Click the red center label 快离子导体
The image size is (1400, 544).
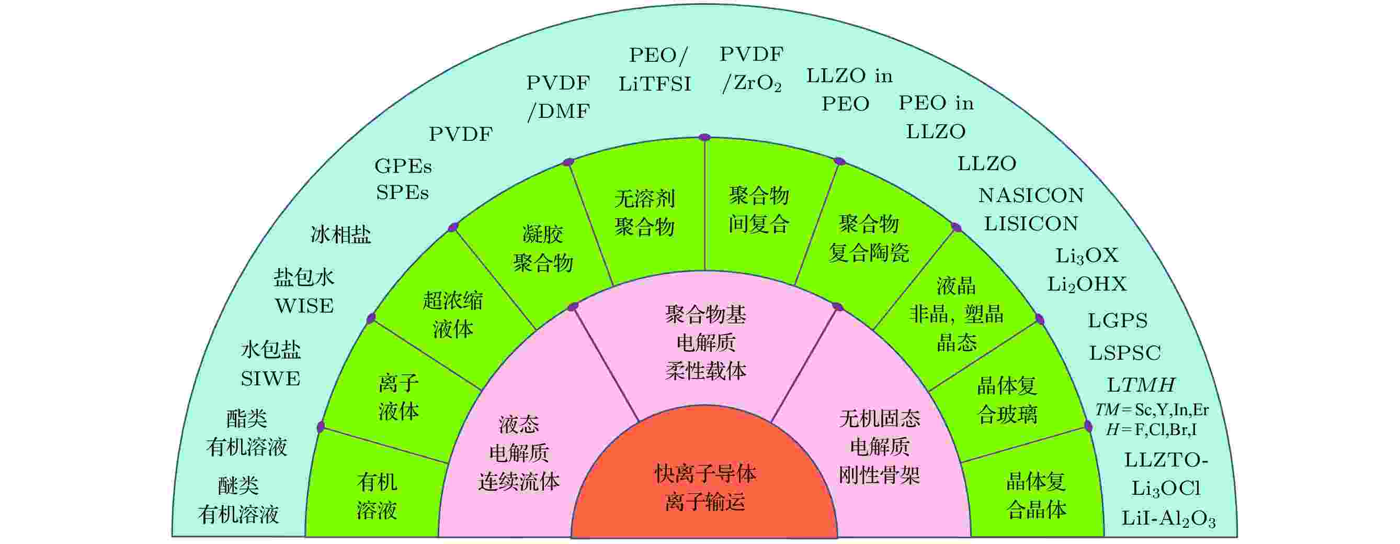[x=705, y=474]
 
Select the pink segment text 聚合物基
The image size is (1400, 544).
[x=705, y=315]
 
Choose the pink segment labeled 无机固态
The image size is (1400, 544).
[x=879, y=418]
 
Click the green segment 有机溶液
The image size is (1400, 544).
[x=377, y=496]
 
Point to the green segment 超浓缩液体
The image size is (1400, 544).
[x=453, y=315]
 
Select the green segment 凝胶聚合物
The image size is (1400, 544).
[x=543, y=249]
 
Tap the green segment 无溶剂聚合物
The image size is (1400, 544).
[x=645, y=213]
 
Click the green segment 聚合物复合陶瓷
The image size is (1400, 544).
[x=869, y=238]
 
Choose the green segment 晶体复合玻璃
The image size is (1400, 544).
[x=1007, y=400]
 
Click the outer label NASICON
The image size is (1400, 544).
[x=1031, y=195]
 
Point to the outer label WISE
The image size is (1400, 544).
[x=304, y=306]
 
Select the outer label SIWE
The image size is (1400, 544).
[x=271, y=379]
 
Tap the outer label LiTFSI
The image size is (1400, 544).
[x=655, y=84]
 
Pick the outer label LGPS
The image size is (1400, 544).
[x=1118, y=321]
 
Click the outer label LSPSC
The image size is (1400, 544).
[x=1125, y=353]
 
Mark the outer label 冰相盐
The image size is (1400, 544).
[x=341, y=235]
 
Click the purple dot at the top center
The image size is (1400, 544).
[x=705, y=137]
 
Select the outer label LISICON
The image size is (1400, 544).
[x=1031, y=224]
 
